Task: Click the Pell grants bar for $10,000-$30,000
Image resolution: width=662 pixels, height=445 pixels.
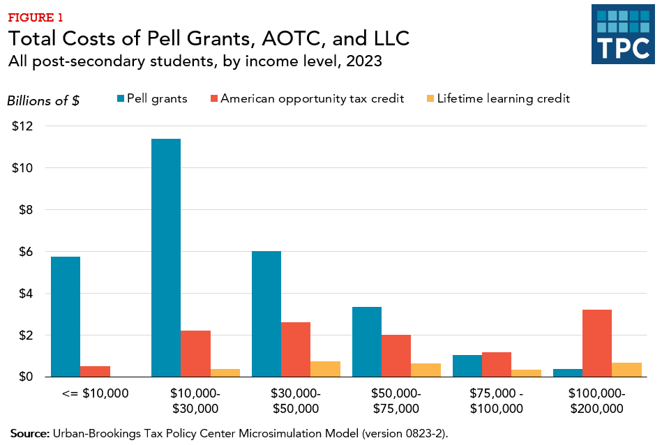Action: [166, 257]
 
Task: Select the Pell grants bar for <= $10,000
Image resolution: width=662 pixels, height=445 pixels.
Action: [66, 317]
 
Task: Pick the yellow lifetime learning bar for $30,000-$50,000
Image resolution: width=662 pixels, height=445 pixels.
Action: [326, 369]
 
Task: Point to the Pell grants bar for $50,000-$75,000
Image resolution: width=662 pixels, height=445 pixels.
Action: [367, 342]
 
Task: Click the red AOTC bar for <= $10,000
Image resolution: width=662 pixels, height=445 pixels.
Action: [96, 371]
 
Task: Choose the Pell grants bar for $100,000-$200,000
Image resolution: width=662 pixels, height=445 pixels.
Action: [568, 372]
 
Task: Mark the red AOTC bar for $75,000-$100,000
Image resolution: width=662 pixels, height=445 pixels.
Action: [497, 364]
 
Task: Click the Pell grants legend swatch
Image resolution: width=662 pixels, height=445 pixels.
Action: [121, 99]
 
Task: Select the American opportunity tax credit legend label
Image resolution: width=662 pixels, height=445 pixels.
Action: [312, 99]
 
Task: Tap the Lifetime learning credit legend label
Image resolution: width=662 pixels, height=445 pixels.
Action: [503, 99]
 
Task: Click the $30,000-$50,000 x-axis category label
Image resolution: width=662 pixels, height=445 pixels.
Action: [296, 401]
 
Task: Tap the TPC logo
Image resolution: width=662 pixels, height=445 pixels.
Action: [623, 34]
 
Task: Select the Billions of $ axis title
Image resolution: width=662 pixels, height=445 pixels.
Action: [43, 100]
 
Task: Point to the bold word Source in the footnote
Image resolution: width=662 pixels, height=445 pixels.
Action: [29, 433]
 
